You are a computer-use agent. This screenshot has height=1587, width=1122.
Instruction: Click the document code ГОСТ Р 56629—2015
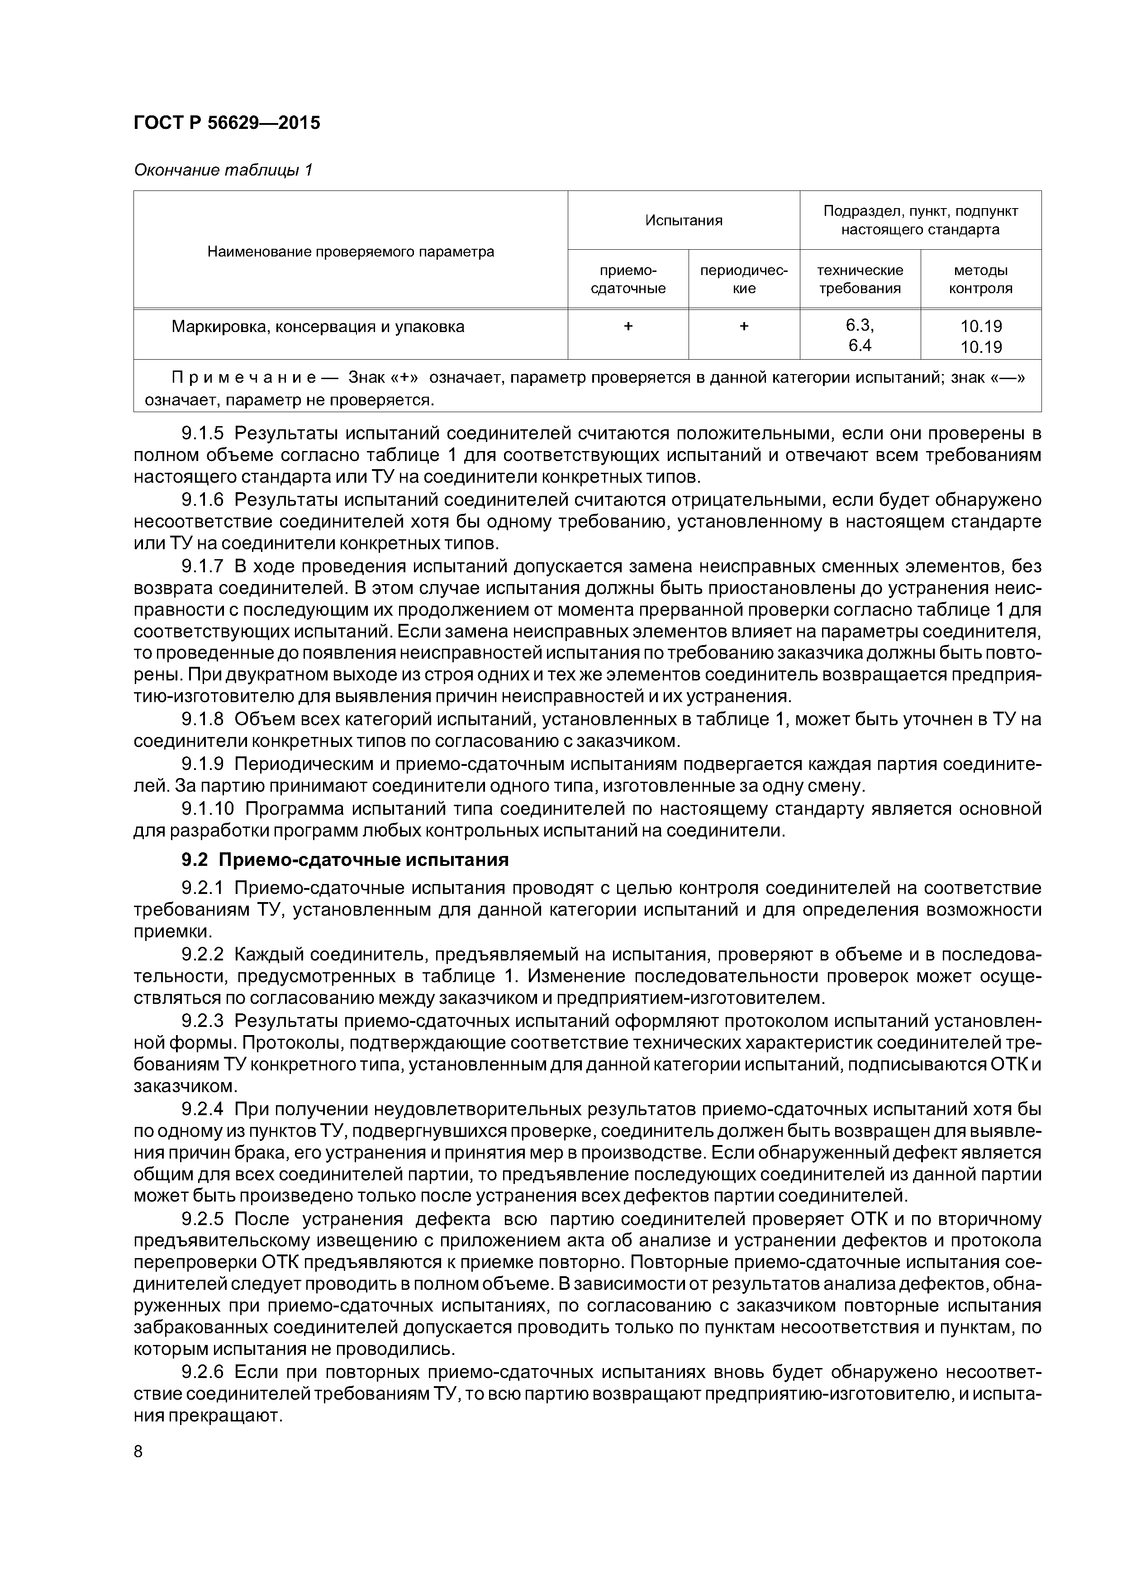pos(227,123)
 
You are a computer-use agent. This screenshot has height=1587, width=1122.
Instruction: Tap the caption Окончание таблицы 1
pos(223,170)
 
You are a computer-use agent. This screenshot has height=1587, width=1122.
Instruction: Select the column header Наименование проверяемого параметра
pos(351,252)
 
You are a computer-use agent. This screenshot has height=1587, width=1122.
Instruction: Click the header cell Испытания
pos(683,220)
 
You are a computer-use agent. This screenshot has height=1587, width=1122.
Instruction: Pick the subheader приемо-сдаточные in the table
pos(628,279)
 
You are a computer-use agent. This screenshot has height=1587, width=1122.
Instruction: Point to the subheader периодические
pos(744,279)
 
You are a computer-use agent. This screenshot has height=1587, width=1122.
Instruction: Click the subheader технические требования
pos(860,279)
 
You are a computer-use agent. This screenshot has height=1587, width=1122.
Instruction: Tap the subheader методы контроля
pos(980,279)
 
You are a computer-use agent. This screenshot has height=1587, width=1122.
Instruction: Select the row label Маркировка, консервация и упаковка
pos(318,327)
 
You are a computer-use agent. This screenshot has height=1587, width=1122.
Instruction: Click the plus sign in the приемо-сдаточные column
pos(628,326)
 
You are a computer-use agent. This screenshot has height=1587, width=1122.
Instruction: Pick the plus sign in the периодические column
pos(744,326)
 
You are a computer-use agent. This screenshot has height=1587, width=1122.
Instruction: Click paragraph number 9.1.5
pos(203,434)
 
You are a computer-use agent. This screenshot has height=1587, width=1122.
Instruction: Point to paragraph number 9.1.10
pos(207,809)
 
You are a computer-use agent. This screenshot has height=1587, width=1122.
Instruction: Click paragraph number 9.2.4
pos(203,1109)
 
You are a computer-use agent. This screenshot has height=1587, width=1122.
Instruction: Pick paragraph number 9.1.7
pos(203,567)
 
